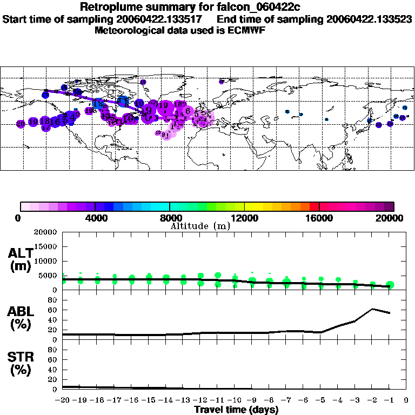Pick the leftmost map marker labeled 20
tap(21, 124)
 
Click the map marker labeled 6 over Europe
tap(188, 111)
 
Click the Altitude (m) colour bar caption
tap(199, 226)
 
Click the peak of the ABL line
tap(372, 309)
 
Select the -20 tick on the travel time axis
tap(63, 400)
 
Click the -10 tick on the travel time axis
tap(235, 400)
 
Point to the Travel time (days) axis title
tap(236, 410)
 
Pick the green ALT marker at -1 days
tap(390, 285)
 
